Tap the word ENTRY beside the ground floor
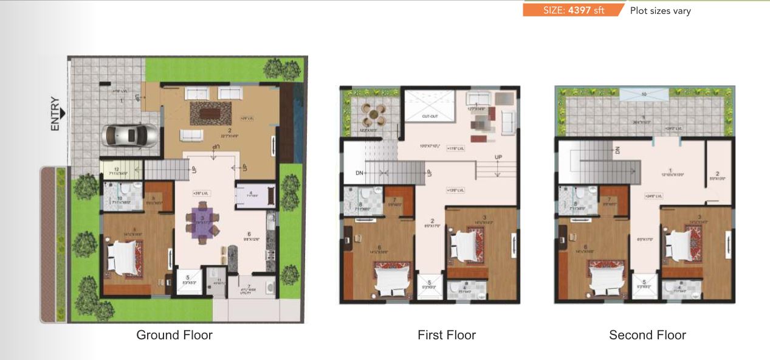coord(55,114)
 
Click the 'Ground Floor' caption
coord(174,335)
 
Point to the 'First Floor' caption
coord(447,335)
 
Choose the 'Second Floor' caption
coord(647,335)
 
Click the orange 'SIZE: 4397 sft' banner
coord(573,10)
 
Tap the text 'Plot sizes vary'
coord(660,10)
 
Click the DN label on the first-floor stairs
coord(359,173)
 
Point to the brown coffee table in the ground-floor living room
coord(210,112)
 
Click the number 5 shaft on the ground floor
coord(186,280)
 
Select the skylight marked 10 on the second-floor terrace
coord(643,94)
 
